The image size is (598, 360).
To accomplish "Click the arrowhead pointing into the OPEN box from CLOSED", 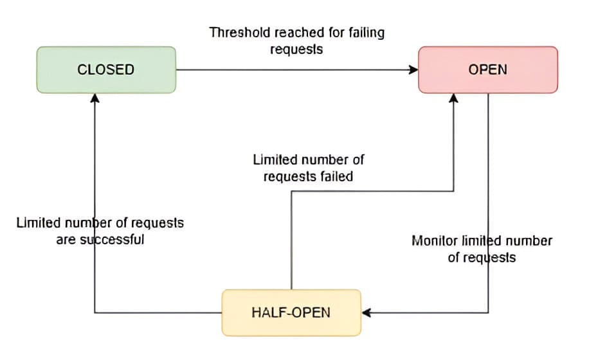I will pyautogui.click(x=413, y=69).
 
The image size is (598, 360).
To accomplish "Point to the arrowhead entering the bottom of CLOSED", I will pyautogui.click(x=95, y=98).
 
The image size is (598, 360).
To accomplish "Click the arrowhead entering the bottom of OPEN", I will pyautogui.click(x=453, y=98).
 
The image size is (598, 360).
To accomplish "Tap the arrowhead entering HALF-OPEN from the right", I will pyautogui.click(x=367, y=313).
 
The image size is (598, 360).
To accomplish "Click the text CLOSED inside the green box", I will pyautogui.click(x=106, y=69).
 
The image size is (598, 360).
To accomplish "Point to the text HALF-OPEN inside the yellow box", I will pyautogui.click(x=291, y=312).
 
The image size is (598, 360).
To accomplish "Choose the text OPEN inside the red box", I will pyautogui.click(x=487, y=69).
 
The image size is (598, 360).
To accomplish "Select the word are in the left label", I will pyautogui.click(x=66, y=240).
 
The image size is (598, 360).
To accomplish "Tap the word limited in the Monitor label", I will pyautogui.click(x=480, y=241).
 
